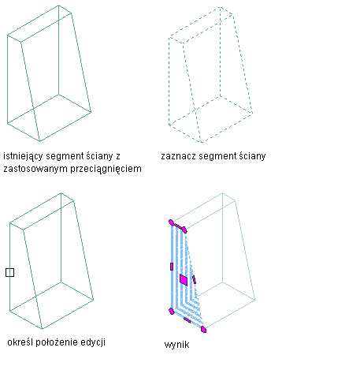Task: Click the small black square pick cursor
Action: coord(9,272)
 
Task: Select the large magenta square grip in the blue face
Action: coord(184,280)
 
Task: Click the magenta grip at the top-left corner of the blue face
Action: coord(171,222)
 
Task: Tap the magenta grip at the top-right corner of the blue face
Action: coord(184,230)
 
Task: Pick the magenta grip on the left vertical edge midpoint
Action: coord(172,267)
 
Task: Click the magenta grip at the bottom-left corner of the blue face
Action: coord(172,312)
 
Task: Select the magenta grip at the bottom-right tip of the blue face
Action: coord(203,329)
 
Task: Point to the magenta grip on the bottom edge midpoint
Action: coord(187,320)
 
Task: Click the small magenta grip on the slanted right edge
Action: coord(194,279)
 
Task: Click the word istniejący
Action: coord(23,156)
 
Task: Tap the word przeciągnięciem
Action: coord(106,169)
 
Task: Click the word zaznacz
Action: coord(179,156)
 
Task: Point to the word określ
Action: coord(20,342)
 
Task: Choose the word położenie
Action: coord(57,342)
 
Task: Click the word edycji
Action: coord(93,342)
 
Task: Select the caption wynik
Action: coord(176,345)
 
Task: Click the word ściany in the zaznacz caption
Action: coord(252,156)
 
